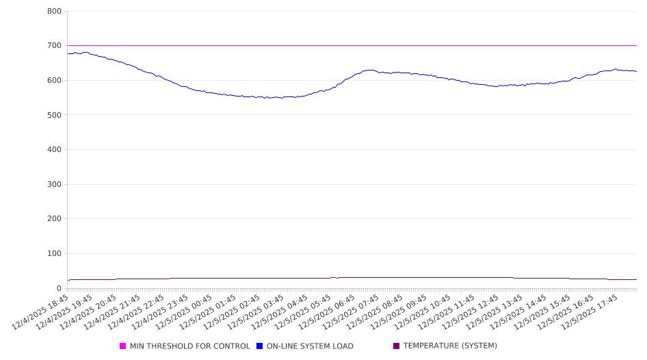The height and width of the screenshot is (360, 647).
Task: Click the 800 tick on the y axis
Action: [54, 11]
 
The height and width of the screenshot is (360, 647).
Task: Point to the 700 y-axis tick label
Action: [54, 46]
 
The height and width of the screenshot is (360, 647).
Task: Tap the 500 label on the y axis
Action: [54, 115]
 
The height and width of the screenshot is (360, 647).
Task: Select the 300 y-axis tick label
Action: [54, 184]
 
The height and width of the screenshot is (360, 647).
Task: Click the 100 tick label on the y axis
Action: [54, 254]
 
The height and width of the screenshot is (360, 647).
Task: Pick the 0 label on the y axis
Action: [60, 288]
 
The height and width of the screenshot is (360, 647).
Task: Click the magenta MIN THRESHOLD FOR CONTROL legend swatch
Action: [123, 346]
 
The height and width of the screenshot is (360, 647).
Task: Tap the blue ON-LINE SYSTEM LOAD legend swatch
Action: [260, 346]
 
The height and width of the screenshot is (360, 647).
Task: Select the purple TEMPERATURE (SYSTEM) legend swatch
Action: [397, 346]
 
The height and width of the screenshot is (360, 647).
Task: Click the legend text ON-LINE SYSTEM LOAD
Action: [310, 346]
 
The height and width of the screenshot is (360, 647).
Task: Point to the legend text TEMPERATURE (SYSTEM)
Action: [450, 346]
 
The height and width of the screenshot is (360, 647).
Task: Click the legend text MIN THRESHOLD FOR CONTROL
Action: [190, 346]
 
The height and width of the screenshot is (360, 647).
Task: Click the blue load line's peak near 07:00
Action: [370, 70]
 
